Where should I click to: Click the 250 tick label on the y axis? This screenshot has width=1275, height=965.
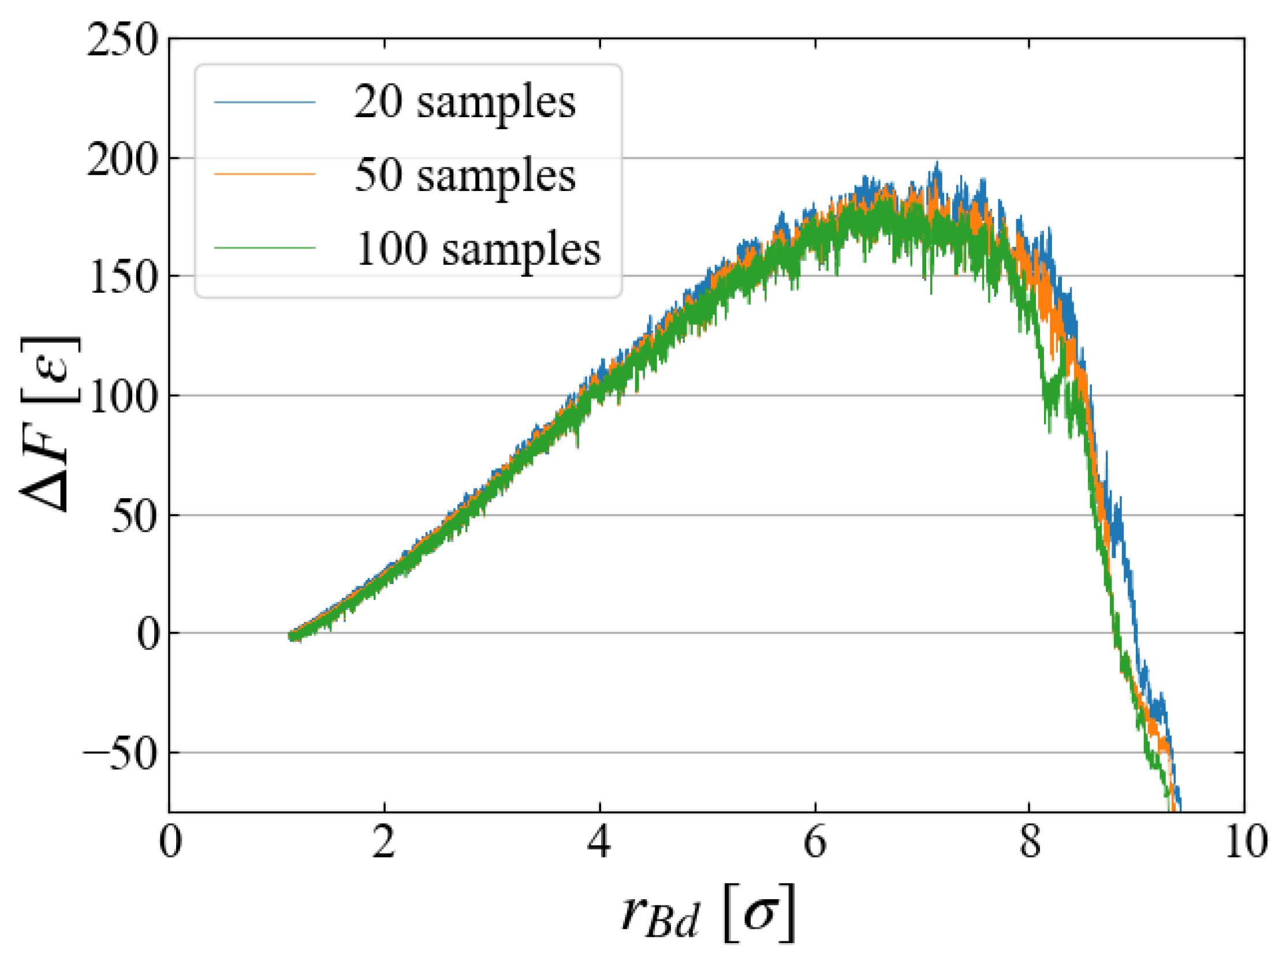coord(122,40)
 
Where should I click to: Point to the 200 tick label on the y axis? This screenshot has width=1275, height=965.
coord(122,160)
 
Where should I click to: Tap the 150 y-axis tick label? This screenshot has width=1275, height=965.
coord(123,278)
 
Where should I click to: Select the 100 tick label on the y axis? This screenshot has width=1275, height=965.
coord(123,398)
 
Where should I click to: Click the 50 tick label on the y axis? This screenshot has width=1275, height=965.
coord(134,517)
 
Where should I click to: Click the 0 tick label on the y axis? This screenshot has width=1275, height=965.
coord(148,635)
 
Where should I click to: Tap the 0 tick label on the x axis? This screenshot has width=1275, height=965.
coord(170,843)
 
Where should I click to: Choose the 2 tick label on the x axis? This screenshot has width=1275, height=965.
coord(384,843)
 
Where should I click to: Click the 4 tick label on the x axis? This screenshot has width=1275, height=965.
coord(599,843)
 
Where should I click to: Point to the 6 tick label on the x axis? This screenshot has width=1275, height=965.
coord(815,843)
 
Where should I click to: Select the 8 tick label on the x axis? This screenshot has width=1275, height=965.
coord(1030,843)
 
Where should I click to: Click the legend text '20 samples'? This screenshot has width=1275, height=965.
coord(464,103)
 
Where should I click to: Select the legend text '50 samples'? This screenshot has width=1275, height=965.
coord(464,176)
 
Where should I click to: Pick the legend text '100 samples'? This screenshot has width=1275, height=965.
coord(478,250)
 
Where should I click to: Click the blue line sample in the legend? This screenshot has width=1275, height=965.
coord(264,103)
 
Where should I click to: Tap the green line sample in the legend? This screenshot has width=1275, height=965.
coord(264,248)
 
